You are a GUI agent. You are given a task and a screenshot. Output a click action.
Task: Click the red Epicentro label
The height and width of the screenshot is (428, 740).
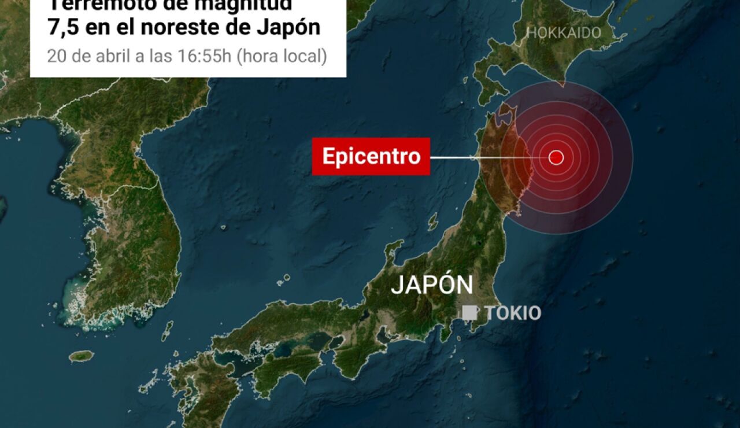(371, 156)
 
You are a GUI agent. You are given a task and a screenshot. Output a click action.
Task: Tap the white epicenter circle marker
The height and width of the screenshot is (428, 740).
(556, 157)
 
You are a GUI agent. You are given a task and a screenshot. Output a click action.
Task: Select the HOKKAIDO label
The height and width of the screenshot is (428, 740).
(564, 33)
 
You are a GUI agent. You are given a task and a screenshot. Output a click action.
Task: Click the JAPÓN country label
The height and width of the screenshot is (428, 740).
(432, 285)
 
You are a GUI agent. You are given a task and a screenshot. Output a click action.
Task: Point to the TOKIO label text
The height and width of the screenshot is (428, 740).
(513, 313)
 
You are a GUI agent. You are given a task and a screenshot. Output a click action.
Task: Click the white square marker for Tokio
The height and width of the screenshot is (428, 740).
(469, 312)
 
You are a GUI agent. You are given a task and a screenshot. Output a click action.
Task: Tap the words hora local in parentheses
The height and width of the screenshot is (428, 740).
(282, 57)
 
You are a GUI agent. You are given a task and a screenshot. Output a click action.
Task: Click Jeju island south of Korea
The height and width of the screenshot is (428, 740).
(81, 356)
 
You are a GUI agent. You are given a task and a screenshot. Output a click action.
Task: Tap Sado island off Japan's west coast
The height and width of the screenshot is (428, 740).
(432, 221)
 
